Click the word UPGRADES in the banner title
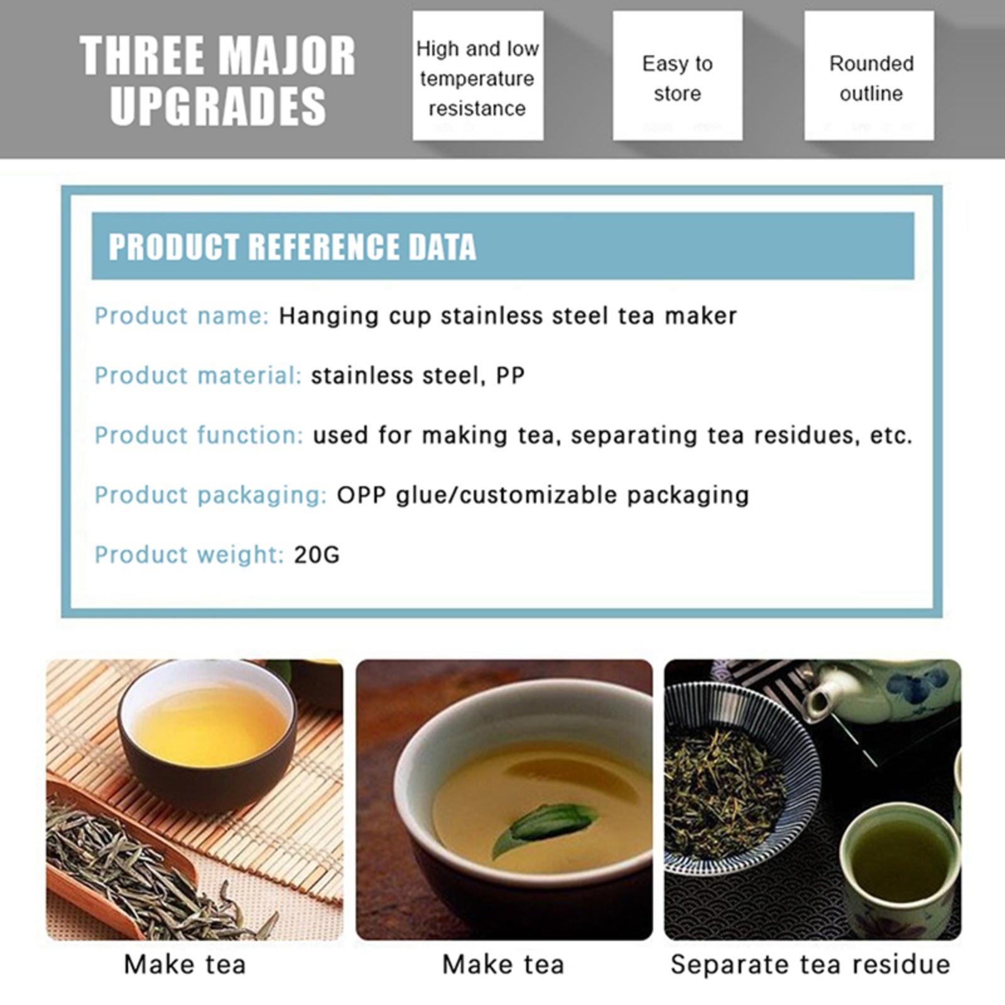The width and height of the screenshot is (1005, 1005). (218, 106)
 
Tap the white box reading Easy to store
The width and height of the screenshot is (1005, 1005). (677, 75)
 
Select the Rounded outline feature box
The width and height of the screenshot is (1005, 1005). (869, 75)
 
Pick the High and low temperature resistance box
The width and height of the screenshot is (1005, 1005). (478, 75)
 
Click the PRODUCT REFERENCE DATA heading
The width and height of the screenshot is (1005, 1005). (292, 246)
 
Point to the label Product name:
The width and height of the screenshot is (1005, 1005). (182, 315)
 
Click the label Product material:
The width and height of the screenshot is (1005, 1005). (198, 375)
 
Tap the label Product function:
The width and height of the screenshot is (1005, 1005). (199, 435)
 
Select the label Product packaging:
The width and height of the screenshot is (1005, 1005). (211, 495)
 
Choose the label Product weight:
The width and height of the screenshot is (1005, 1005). (190, 555)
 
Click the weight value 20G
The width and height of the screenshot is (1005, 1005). (317, 555)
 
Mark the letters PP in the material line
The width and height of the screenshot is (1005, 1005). (510, 375)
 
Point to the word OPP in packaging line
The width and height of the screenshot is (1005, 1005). (361, 494)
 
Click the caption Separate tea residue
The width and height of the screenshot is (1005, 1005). (810, 965)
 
